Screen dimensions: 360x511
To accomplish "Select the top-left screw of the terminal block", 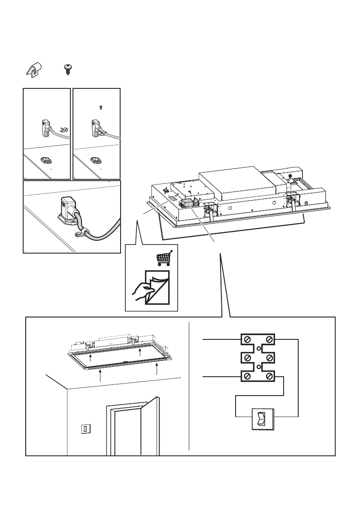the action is pos(248,340).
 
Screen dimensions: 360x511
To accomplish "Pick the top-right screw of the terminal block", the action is pos(269,340).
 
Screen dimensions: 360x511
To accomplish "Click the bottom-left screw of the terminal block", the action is pos(248,377).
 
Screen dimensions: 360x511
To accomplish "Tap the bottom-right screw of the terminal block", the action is pos(269,377).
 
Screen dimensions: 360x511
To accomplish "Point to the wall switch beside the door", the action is pos(85,429).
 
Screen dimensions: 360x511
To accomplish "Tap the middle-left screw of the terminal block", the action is pos(248,358).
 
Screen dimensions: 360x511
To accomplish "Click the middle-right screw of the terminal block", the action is pos(269,358).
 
